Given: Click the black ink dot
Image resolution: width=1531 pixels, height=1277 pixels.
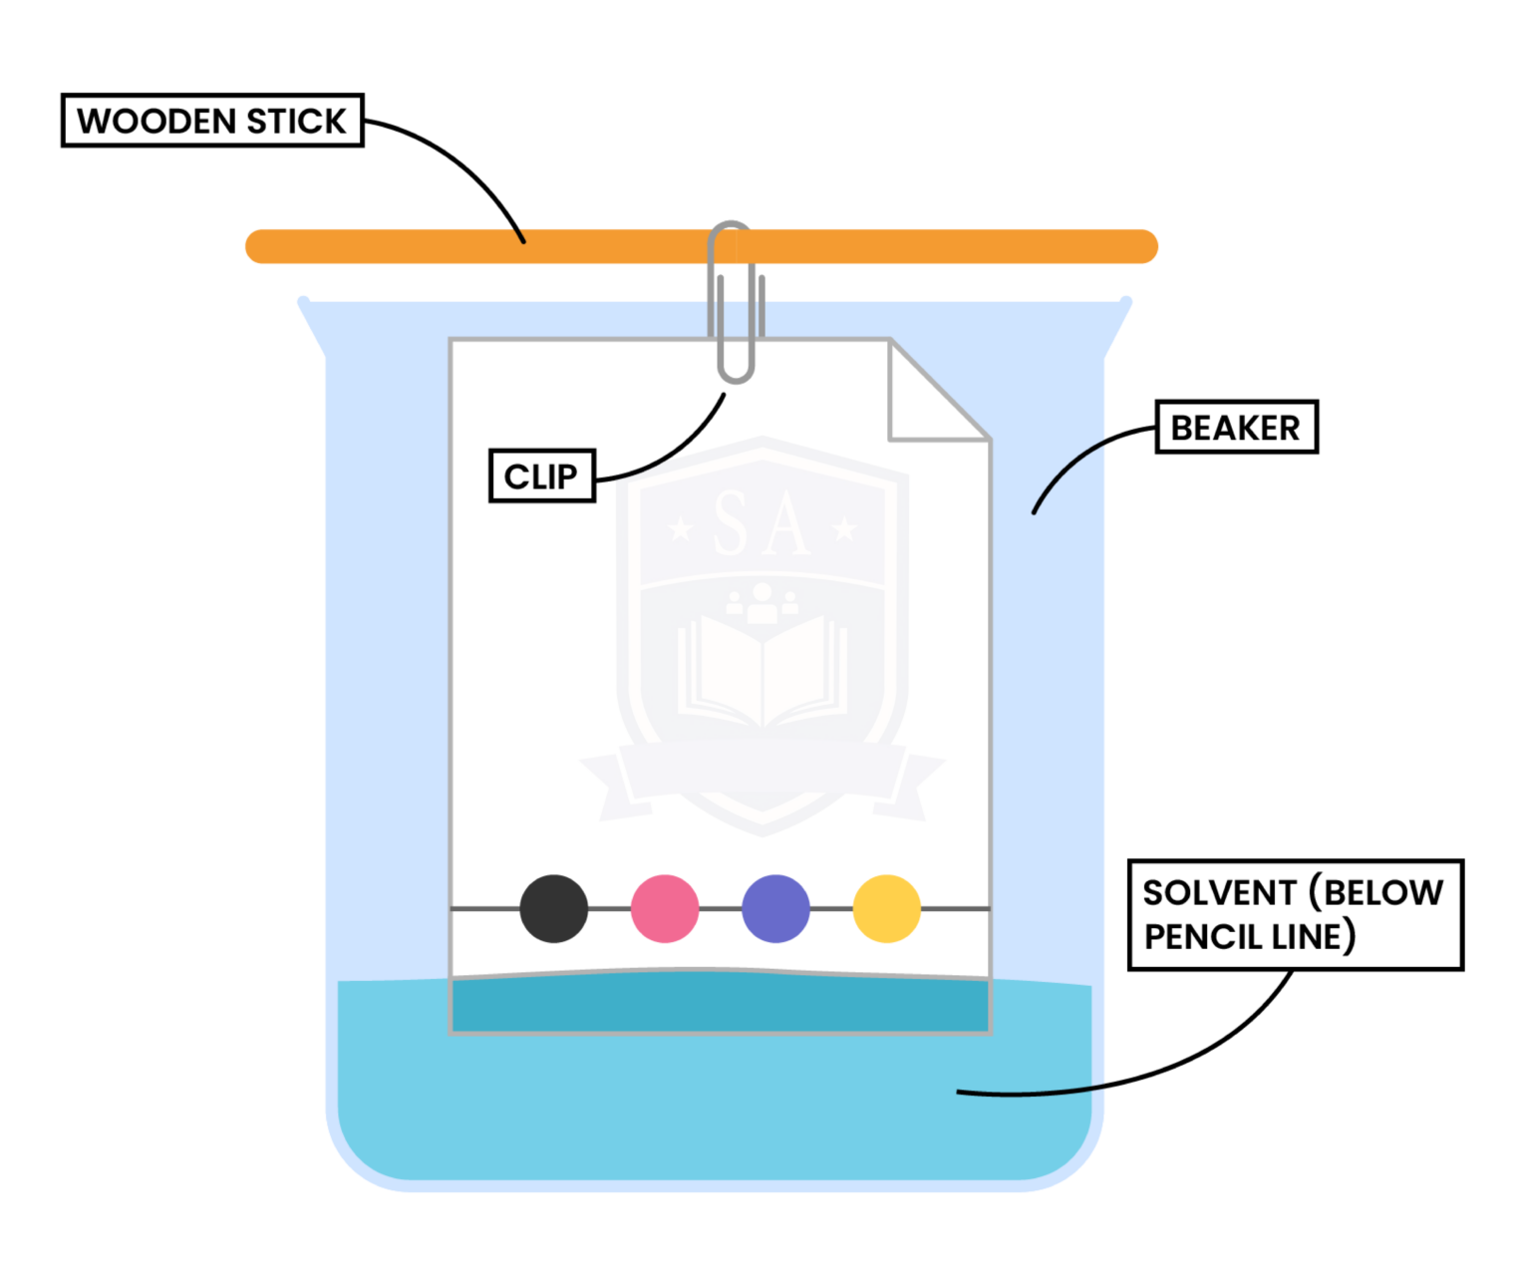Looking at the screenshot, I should tap(554, 908).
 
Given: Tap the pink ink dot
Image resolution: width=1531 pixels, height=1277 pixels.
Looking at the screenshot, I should tap(665, 908).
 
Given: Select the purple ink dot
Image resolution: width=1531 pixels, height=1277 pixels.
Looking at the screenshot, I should tap(775, 908).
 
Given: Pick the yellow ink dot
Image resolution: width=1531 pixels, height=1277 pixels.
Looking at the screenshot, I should tap(887, 908).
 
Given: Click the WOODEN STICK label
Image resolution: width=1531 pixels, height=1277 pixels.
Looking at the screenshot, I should tap(212, 121).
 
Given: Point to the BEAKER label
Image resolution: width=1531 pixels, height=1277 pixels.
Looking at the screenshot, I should tap(1236, 428).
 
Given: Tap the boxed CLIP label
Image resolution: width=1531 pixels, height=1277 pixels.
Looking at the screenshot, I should tap(541, 477).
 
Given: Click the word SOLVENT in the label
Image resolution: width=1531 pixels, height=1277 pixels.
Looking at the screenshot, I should tap(1219, 892).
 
